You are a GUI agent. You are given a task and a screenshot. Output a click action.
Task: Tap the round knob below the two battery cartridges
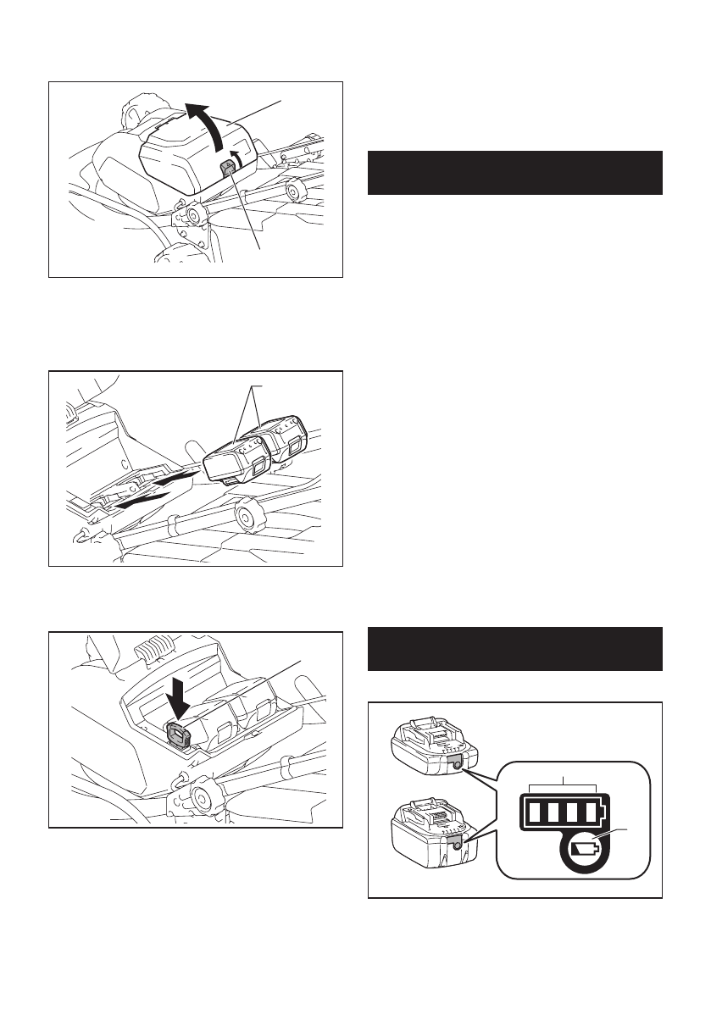click(249, 514)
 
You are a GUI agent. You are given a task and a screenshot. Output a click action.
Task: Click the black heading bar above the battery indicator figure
click(514, 647)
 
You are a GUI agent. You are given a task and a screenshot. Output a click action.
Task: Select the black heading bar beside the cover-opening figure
click(514, 173)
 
